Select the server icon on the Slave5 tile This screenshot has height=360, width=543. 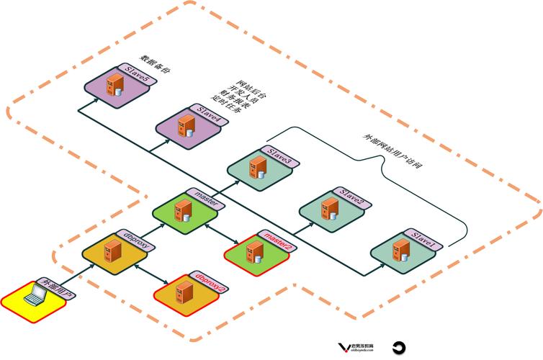tap(113, 86)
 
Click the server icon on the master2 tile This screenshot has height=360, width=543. tap(254, 251)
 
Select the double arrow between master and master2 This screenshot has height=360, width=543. tap(220, 231)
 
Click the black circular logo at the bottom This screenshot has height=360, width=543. tap(400, 346)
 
